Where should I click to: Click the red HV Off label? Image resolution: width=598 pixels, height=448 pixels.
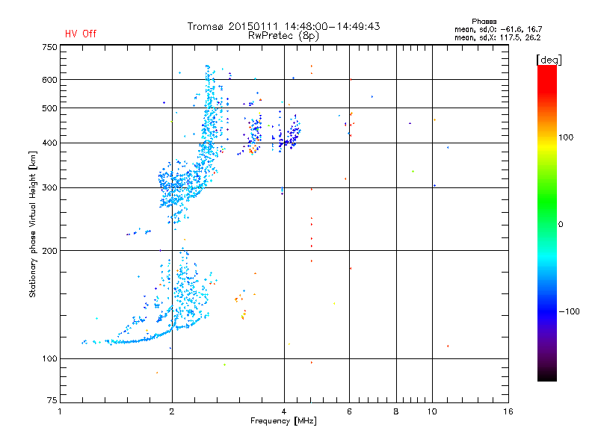point(80,34)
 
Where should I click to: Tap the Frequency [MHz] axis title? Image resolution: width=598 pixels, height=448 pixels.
point(284,422)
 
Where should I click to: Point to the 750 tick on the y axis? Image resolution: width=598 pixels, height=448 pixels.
point(49,46)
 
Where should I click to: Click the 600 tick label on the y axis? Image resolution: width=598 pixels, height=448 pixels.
point(49,80)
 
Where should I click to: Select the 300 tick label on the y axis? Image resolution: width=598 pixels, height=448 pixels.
point(49,187)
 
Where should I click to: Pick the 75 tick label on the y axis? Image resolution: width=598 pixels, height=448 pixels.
point(52,403)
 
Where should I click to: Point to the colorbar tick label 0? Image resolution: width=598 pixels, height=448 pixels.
point(560,224)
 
